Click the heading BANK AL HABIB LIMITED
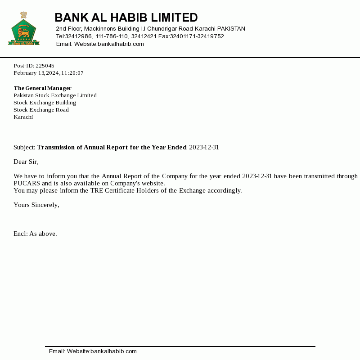click(126, 18)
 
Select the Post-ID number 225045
click(45, 66)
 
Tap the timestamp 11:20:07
click(72, 73)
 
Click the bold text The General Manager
click(42, 88)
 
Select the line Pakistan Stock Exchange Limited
click(55, 95)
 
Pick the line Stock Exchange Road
click(41, 110)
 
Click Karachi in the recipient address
click(23, 117)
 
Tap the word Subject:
click(24, 147)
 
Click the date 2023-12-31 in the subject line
click(204, 147)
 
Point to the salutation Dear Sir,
click(26, 162)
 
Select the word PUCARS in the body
click(27, 183)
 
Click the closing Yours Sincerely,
click(36, 205)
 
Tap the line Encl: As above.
click(35, 234)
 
